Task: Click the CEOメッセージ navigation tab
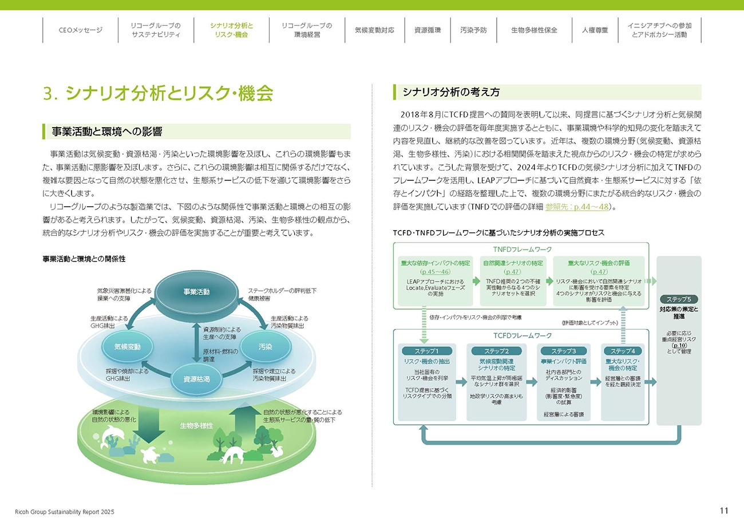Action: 80,30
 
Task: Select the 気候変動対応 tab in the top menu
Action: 374,30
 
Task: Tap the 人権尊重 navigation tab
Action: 595,30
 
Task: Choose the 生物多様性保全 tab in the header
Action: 534,30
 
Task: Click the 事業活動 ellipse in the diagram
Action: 196,292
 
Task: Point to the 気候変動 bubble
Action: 127,347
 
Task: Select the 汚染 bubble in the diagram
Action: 265,347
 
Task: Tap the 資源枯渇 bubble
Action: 196,379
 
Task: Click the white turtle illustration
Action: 150,454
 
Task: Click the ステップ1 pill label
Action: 428,351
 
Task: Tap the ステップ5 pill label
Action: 679,299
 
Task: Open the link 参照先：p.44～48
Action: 577,207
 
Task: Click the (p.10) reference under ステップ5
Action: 679,345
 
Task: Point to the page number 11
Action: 724,511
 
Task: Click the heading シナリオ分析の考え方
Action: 451,92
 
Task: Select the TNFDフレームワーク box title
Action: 522,250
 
